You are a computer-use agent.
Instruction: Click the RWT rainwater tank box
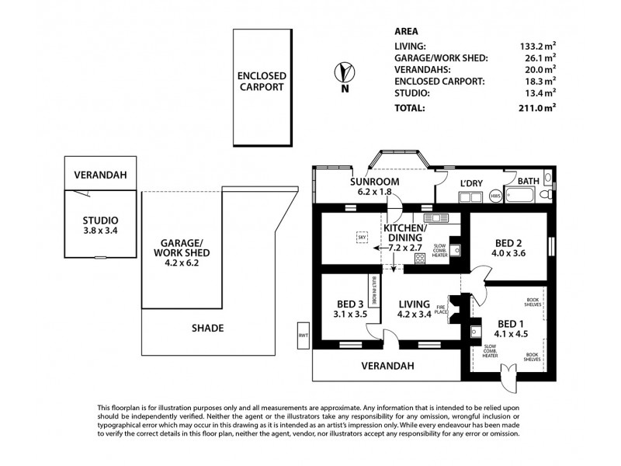pos(303,336)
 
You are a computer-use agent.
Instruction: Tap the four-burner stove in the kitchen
pos(420,259)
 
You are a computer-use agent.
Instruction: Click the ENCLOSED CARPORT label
pos(262,82)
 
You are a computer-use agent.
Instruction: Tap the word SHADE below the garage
pos(207,329)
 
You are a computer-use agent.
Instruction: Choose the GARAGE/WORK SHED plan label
pos(182,247)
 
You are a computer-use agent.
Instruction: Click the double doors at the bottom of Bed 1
pos(510,376)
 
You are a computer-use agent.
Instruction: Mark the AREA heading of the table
pos(407,32)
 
